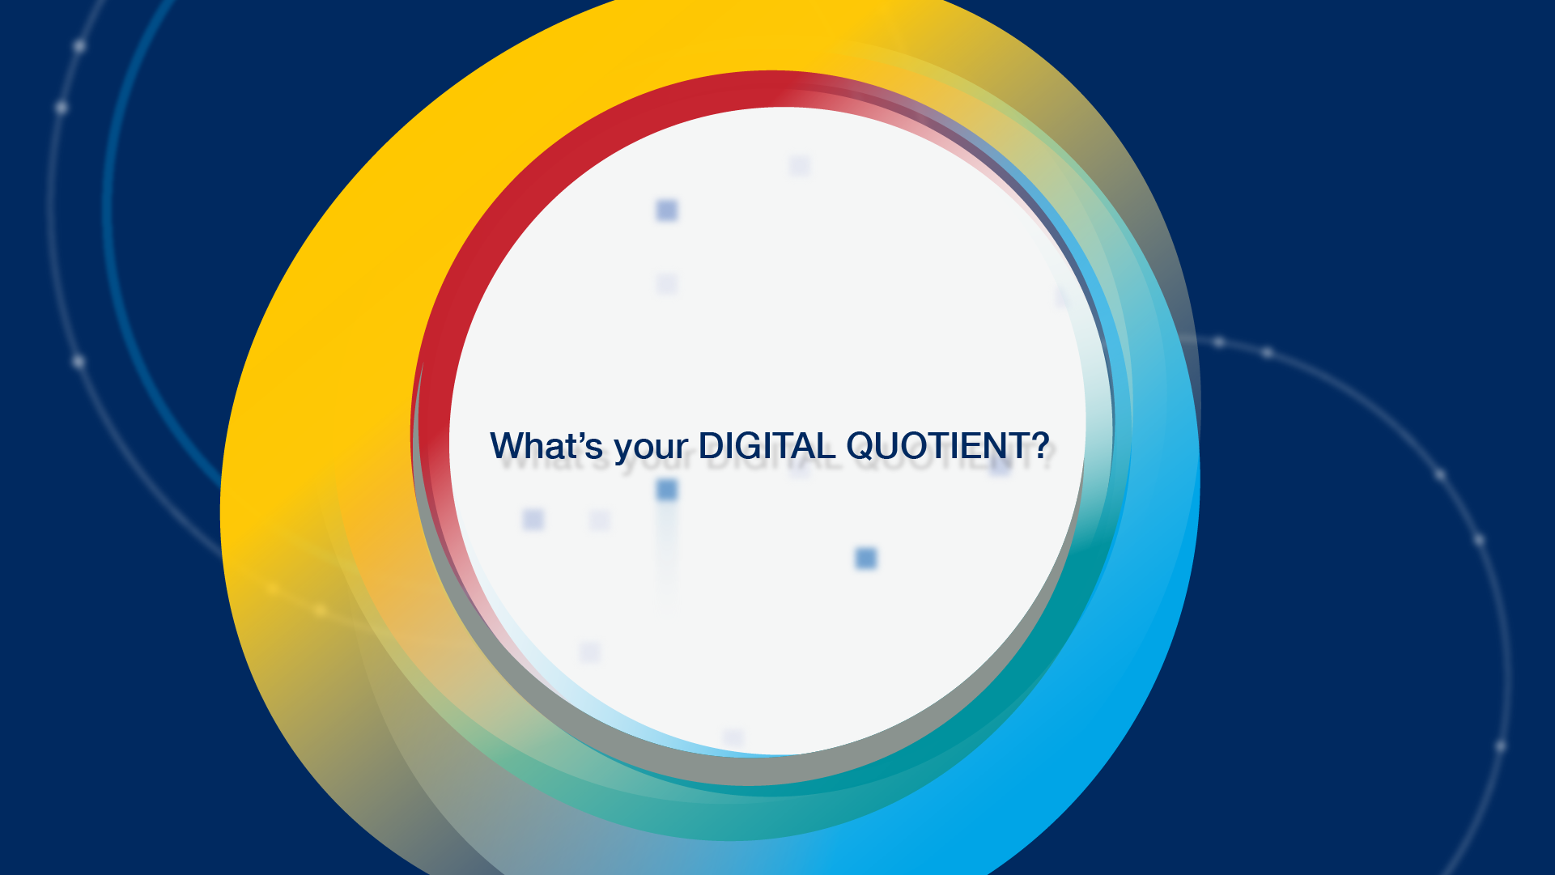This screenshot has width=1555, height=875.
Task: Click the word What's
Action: pyautogui.click(x=547, y=446)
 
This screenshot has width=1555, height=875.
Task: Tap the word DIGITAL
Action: pyautogui.click(x=767, y=446)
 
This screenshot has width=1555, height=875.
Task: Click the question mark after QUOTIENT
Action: pyautogui.click(x=1040, y=446)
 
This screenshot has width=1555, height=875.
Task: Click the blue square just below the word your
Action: pyautogui.click(x=667, y=490)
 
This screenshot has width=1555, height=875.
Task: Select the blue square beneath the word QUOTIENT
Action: pyautogui.click(x=866, y=559)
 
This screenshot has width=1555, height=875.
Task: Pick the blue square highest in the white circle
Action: pyautogui.click(x=667, y=210)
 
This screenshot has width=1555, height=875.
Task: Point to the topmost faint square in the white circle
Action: pyautogui.click(x=800, y=166)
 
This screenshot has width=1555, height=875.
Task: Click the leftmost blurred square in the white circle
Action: pyautogui.click(x=533, y=520)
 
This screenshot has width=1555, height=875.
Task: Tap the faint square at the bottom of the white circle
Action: pyautogui.click(x=733, y=737)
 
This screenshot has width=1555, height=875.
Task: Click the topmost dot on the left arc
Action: pyautogui.click(x=79, y=46)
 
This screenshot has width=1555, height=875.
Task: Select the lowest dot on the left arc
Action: pyautogui.click(x=79, y=361)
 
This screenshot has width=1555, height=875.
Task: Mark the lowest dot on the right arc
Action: pyautogui.click(x=1500, y=745)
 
